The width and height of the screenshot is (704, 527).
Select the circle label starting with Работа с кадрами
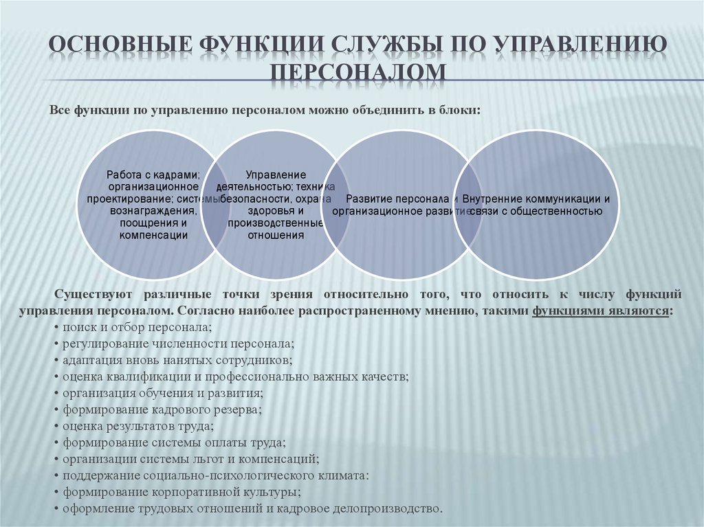pos(153,205)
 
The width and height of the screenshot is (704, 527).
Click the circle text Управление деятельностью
pos(275,205)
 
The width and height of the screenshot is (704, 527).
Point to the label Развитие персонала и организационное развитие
pos(396,205)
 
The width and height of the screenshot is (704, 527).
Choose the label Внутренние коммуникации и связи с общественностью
pos(536,205)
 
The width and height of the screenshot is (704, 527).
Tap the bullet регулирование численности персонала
pos(177,343)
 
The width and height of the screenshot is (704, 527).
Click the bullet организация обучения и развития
pos(162,393)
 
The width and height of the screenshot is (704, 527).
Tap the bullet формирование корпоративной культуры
pos(180,493)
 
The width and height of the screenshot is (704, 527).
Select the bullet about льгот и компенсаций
pos(188,459)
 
